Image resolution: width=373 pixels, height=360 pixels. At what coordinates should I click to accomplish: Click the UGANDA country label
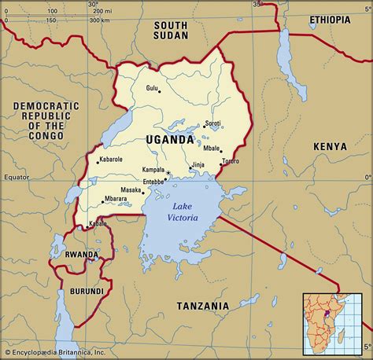(x=169, y=139)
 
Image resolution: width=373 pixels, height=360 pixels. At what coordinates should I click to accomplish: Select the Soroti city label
(x=212, y=123)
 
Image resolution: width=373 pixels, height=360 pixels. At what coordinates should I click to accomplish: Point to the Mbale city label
(x=211, y=147)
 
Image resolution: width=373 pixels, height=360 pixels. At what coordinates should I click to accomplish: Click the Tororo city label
(x=230, y=161)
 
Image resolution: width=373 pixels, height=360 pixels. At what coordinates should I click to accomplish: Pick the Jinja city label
(x=198, y=165)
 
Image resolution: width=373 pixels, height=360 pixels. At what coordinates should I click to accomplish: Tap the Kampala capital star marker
(x=168, y=171)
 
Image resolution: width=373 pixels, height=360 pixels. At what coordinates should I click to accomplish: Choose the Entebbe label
(x=153, y=182)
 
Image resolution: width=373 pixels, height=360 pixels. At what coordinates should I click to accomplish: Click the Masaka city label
(x=131, y=190)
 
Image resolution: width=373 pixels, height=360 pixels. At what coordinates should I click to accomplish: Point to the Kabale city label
(x=97, y=224)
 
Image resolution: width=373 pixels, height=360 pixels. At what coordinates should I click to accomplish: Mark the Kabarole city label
(x=110, y=159)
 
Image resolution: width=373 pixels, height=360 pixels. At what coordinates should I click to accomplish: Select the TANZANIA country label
(x=202, y=305)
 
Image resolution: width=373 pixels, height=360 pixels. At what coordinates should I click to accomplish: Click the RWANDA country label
(x=81, y=255)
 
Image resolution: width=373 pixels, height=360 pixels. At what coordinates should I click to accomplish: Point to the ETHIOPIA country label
(x=330, y=18)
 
